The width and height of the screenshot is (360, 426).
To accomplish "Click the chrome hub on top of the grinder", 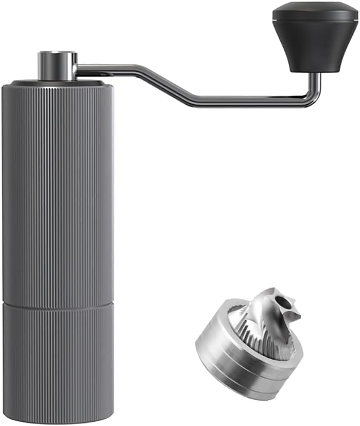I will (x=57, y=65).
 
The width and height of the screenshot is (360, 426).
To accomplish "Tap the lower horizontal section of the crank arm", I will (x=247, y=100).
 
